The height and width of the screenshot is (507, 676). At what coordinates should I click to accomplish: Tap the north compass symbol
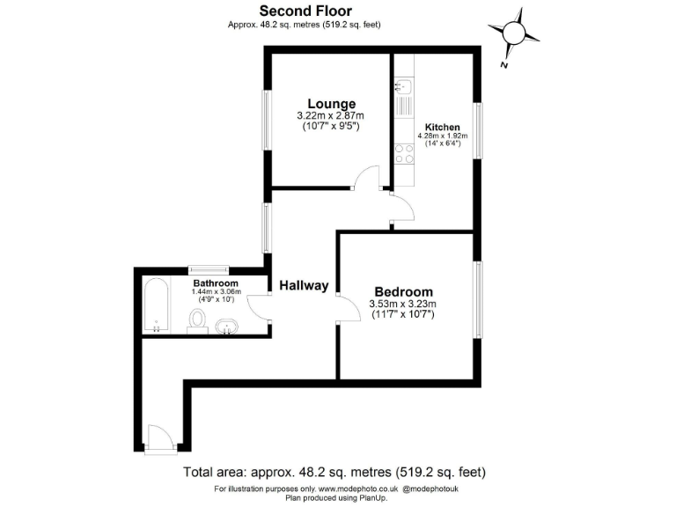tap(515, 34)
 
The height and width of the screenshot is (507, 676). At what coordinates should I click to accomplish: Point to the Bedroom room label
tap(403, 292)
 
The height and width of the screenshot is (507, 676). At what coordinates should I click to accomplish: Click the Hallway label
tap(304, 285)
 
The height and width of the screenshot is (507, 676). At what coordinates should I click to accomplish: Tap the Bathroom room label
tap(215, 283)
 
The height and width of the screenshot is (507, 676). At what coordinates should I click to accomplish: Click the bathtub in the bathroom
tap(158, 305)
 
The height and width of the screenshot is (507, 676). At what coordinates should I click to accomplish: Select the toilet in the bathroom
tap(198, 327)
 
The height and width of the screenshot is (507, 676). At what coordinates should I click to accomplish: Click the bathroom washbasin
tap(226, 328)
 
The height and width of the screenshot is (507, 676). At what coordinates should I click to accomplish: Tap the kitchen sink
tap(404, 87)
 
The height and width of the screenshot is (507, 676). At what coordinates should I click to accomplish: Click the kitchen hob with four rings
tap(404, 155)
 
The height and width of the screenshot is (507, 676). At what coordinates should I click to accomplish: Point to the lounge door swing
tap(364, 178)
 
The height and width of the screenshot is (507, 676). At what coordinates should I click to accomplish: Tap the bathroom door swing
tap(260, 306)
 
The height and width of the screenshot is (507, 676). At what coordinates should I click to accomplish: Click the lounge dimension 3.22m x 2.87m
tap(330, 116)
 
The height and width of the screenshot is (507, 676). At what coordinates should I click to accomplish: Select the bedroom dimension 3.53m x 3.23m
tap(403, 305)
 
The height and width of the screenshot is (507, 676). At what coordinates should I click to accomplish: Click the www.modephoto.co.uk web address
tap(359, 488)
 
